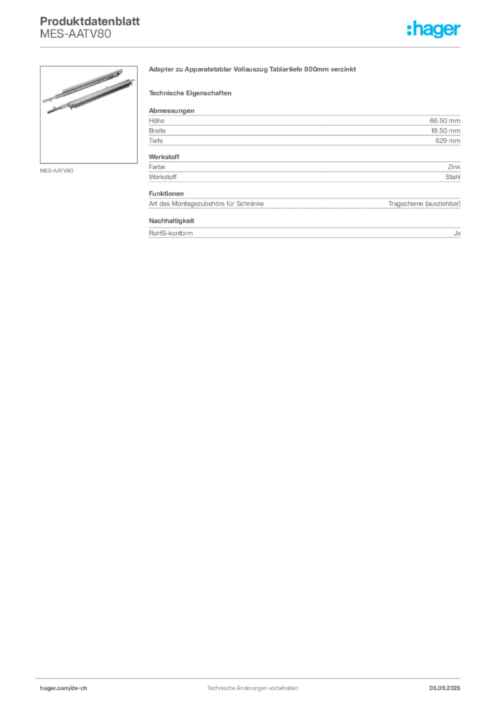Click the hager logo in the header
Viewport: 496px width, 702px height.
click(434, 29)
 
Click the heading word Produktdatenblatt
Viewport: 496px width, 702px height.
click(90, 21)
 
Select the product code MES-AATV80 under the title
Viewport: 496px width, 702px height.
click(75, 34)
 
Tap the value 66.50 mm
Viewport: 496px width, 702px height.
click(445, 121)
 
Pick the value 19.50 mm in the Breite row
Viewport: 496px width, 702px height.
click(445, 131)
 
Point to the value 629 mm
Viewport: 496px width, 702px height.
click(447, 141)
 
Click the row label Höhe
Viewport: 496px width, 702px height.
click(156, 121)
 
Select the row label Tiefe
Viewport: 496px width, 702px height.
click(156, 141)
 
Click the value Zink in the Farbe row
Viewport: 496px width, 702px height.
click(454, 167)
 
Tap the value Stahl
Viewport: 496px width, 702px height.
click(453, 177)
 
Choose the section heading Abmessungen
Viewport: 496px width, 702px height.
click(171, 110)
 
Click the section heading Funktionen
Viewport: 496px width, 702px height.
click(166, 193)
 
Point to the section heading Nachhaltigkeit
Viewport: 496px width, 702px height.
click(171, 221)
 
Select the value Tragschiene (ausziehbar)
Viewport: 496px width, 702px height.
click(424, 204)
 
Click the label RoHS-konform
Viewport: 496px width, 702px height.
click(171, 233)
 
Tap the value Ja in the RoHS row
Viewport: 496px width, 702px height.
click(457, 233)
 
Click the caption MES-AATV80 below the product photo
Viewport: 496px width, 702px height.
click(56, 171)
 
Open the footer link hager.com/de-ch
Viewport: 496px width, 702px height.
click(64, 688)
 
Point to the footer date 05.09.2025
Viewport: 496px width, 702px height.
click(445, 688)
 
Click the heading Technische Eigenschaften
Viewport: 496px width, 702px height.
click(190, 93)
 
